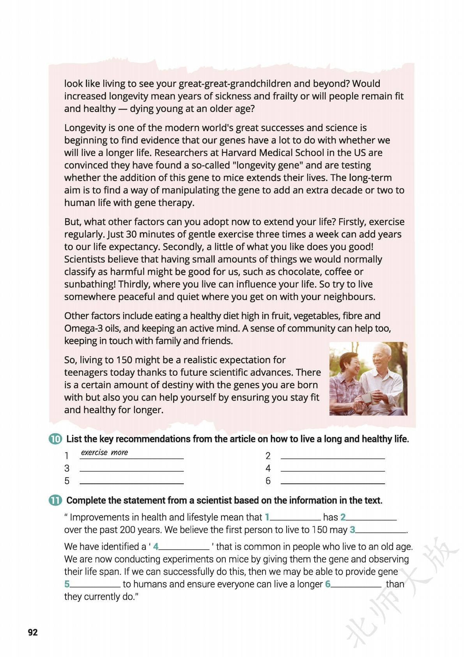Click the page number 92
pos(33,632)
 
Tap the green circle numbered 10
pos(55,439)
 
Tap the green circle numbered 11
pos(55,500)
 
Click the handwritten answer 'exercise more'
pos(104,453)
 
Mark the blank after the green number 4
pos(184,549)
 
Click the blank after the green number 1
pos(296,520)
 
